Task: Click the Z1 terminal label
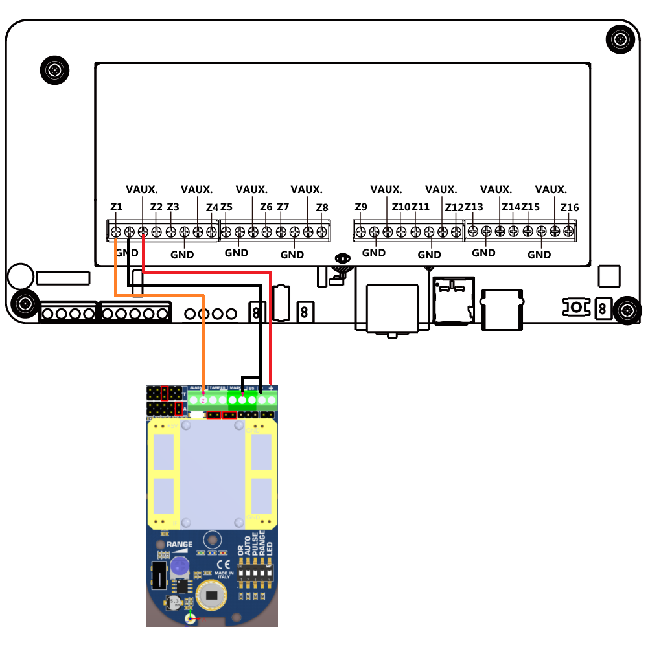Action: click(x=117, y=207)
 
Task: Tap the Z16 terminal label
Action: click(x=570, y=207)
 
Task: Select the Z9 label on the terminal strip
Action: click(x=361, y=207)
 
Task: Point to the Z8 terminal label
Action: click(x=322, y=207)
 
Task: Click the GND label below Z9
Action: click(x=374, y=253)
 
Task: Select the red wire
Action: click(x=270, y=324)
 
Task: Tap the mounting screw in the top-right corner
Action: click(x=621, y=41)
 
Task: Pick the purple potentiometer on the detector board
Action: click(x=179, y=568)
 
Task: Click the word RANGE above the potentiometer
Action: click(x=180, y=545)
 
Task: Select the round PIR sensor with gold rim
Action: click(x=211, y=595)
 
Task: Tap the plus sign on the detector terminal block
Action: click(x=270, y=387)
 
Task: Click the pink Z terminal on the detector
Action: click(x=203, y=400)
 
